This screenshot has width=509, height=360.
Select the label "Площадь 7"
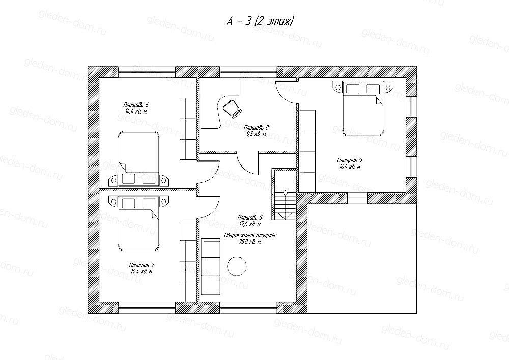click(140, 266)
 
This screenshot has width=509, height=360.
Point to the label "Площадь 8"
click(256, 128)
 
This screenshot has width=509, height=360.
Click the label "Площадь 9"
click(350, 160)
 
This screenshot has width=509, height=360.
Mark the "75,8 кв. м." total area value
click(249, 242)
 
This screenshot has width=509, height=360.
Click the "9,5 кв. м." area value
click(255, 134)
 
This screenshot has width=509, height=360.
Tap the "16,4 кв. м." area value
click(350, 167)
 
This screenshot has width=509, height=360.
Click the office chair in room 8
click(231, 107)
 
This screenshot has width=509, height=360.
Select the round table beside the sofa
click(237, 266)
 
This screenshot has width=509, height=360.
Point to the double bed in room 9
click(362, 109)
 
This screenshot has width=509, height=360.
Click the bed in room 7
click(138, 224)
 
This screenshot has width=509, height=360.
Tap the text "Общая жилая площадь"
click(249, 236)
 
